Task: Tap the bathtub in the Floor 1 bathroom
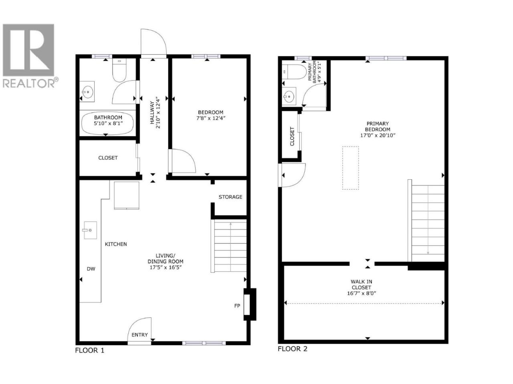click(x=107, y=123)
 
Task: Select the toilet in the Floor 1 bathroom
click(x=119, y=70)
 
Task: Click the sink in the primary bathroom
click(x=289, y=96)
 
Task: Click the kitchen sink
click(x=90, y=230)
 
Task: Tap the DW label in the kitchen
click(x=91, y=269)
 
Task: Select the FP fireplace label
click(x=237, y=306)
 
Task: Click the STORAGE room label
click(x=230, y=197)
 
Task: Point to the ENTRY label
click(x=139, y=335)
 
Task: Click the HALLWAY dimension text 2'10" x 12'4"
click(x=158, y=113)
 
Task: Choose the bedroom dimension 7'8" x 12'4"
click(x=210, y=118)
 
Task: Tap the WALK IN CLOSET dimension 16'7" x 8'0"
click(x=362, y=293)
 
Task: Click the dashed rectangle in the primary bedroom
click(x=350, y=168)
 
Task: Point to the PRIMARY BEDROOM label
click(x=378, y=126)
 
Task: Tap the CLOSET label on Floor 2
click(x=292, y=136)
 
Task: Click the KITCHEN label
click(x=116, y=244)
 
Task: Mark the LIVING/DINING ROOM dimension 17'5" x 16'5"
click(x=166, y=268)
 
